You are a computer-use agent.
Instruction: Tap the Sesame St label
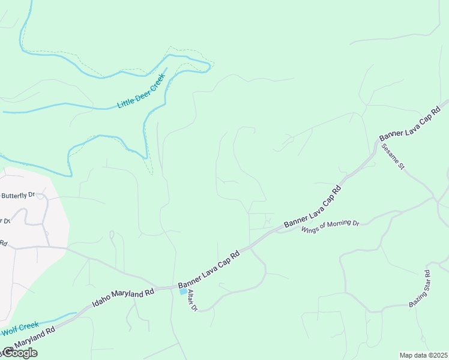393,156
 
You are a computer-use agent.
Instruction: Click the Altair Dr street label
191,300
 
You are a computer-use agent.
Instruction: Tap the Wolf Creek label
19,328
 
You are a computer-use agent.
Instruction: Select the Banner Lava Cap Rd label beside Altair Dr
209,267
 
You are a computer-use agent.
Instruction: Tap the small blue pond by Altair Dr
182,292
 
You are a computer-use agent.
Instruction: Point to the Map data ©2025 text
423,355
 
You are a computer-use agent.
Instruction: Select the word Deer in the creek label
143,90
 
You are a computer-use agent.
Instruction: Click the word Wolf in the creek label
10,331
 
